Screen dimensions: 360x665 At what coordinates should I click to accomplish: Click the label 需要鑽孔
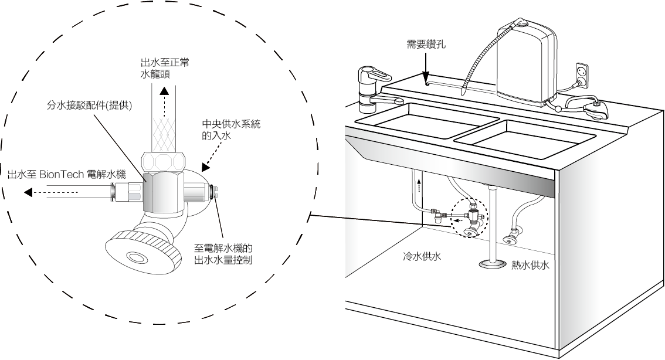point(426,44)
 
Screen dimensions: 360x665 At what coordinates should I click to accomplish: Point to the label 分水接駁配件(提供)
point(89,106)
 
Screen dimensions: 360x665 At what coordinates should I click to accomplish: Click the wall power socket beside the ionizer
point(582,75)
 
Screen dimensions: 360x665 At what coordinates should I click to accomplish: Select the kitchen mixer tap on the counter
point(374,88)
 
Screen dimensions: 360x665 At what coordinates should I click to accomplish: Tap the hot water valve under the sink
point(511,236)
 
